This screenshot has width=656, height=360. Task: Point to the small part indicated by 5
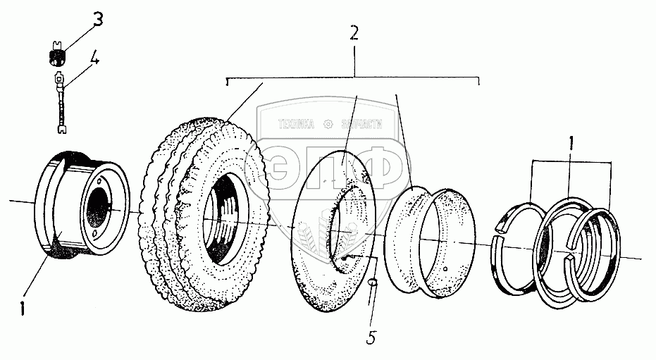coord(373,285)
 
